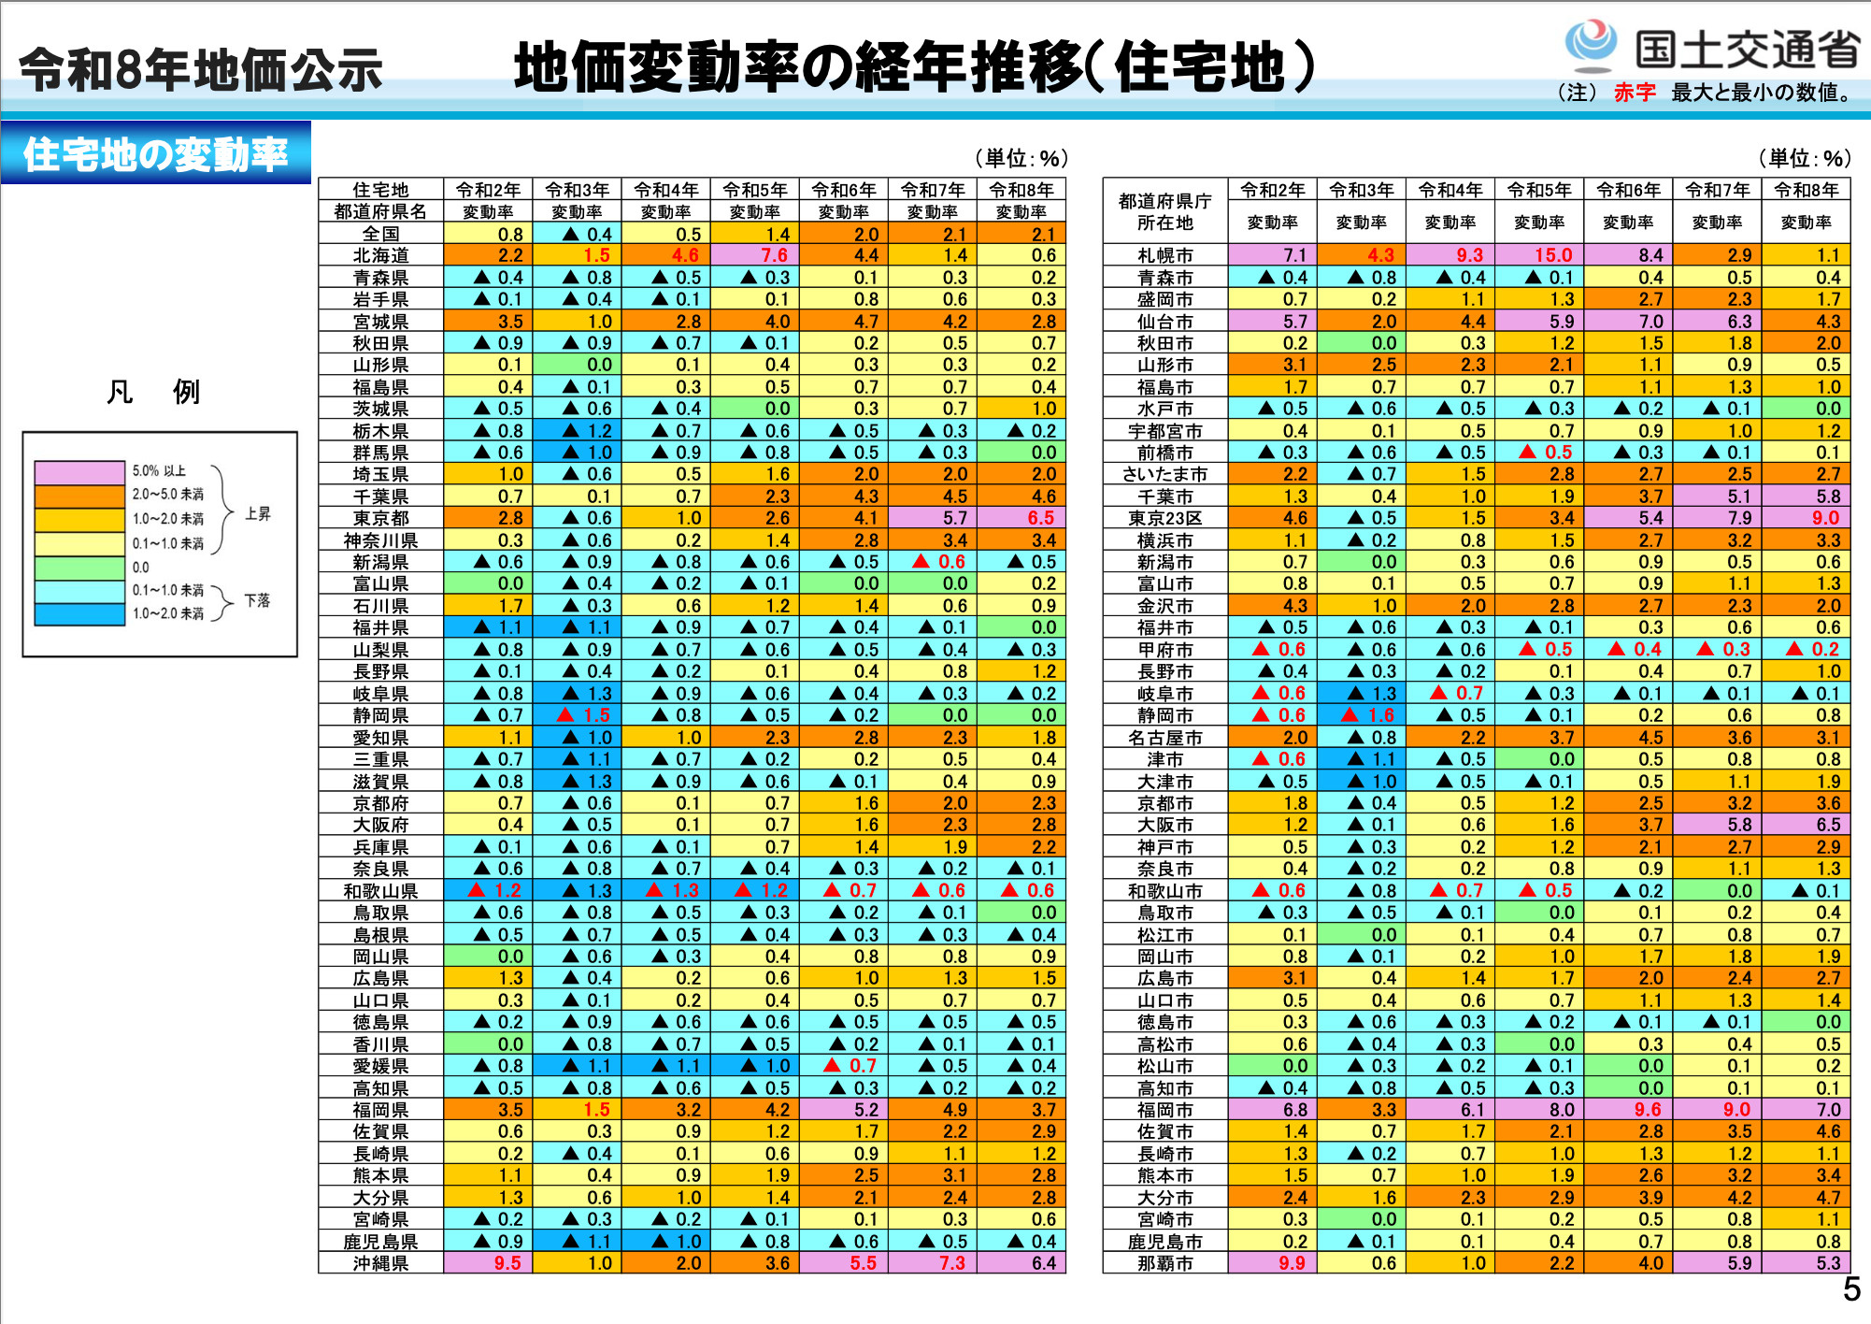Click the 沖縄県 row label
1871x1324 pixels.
(380, 1263)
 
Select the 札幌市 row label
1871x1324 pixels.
(1164, 255)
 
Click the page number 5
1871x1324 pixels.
(1851, 1290)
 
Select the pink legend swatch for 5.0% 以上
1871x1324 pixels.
(79, 472)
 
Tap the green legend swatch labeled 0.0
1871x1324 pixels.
(79, 568)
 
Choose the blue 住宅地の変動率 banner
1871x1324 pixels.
(155, 154)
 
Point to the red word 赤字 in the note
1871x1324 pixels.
(1634, 93)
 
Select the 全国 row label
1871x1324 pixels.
(380, 234)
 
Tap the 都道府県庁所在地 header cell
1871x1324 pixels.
(1164, 212)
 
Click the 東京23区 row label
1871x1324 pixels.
(1164, 518)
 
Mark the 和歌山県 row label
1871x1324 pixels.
(380, 891)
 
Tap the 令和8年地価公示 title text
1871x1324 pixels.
(201, 70)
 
